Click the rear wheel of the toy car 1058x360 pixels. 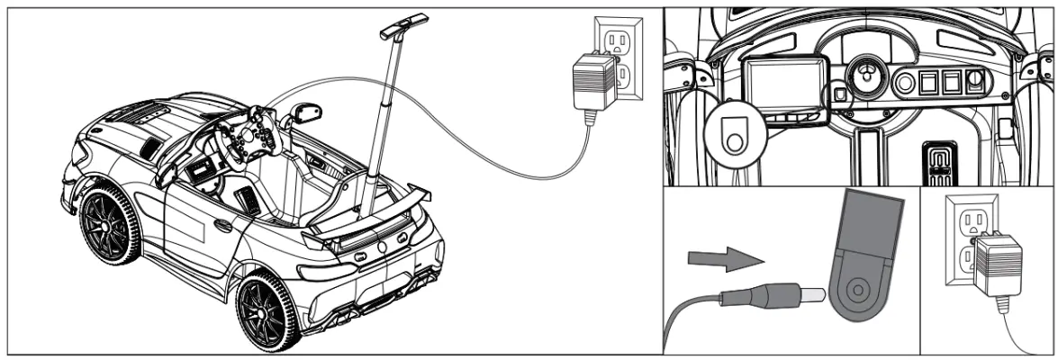tap(268, 311)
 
